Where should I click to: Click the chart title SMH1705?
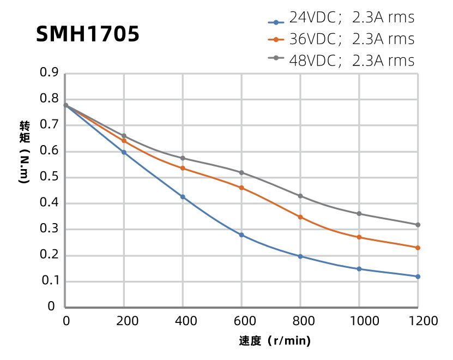pos(87,34)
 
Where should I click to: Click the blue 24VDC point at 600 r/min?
pos(241,235)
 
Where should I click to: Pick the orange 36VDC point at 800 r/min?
pos(300,217)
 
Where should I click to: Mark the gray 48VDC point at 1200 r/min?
pos(418,225)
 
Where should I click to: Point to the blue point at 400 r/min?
pos(183,197)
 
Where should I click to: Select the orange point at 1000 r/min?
pos(359,237)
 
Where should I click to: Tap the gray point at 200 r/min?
pos(124,136)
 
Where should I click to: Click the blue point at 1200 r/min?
pos(418,277)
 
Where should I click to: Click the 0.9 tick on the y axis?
pos(49,73)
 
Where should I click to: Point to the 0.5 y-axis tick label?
pos(49,177)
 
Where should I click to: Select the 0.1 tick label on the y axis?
pos(49,281)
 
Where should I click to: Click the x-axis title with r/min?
pos(275,342)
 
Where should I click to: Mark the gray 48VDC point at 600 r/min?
pos(241,172)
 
